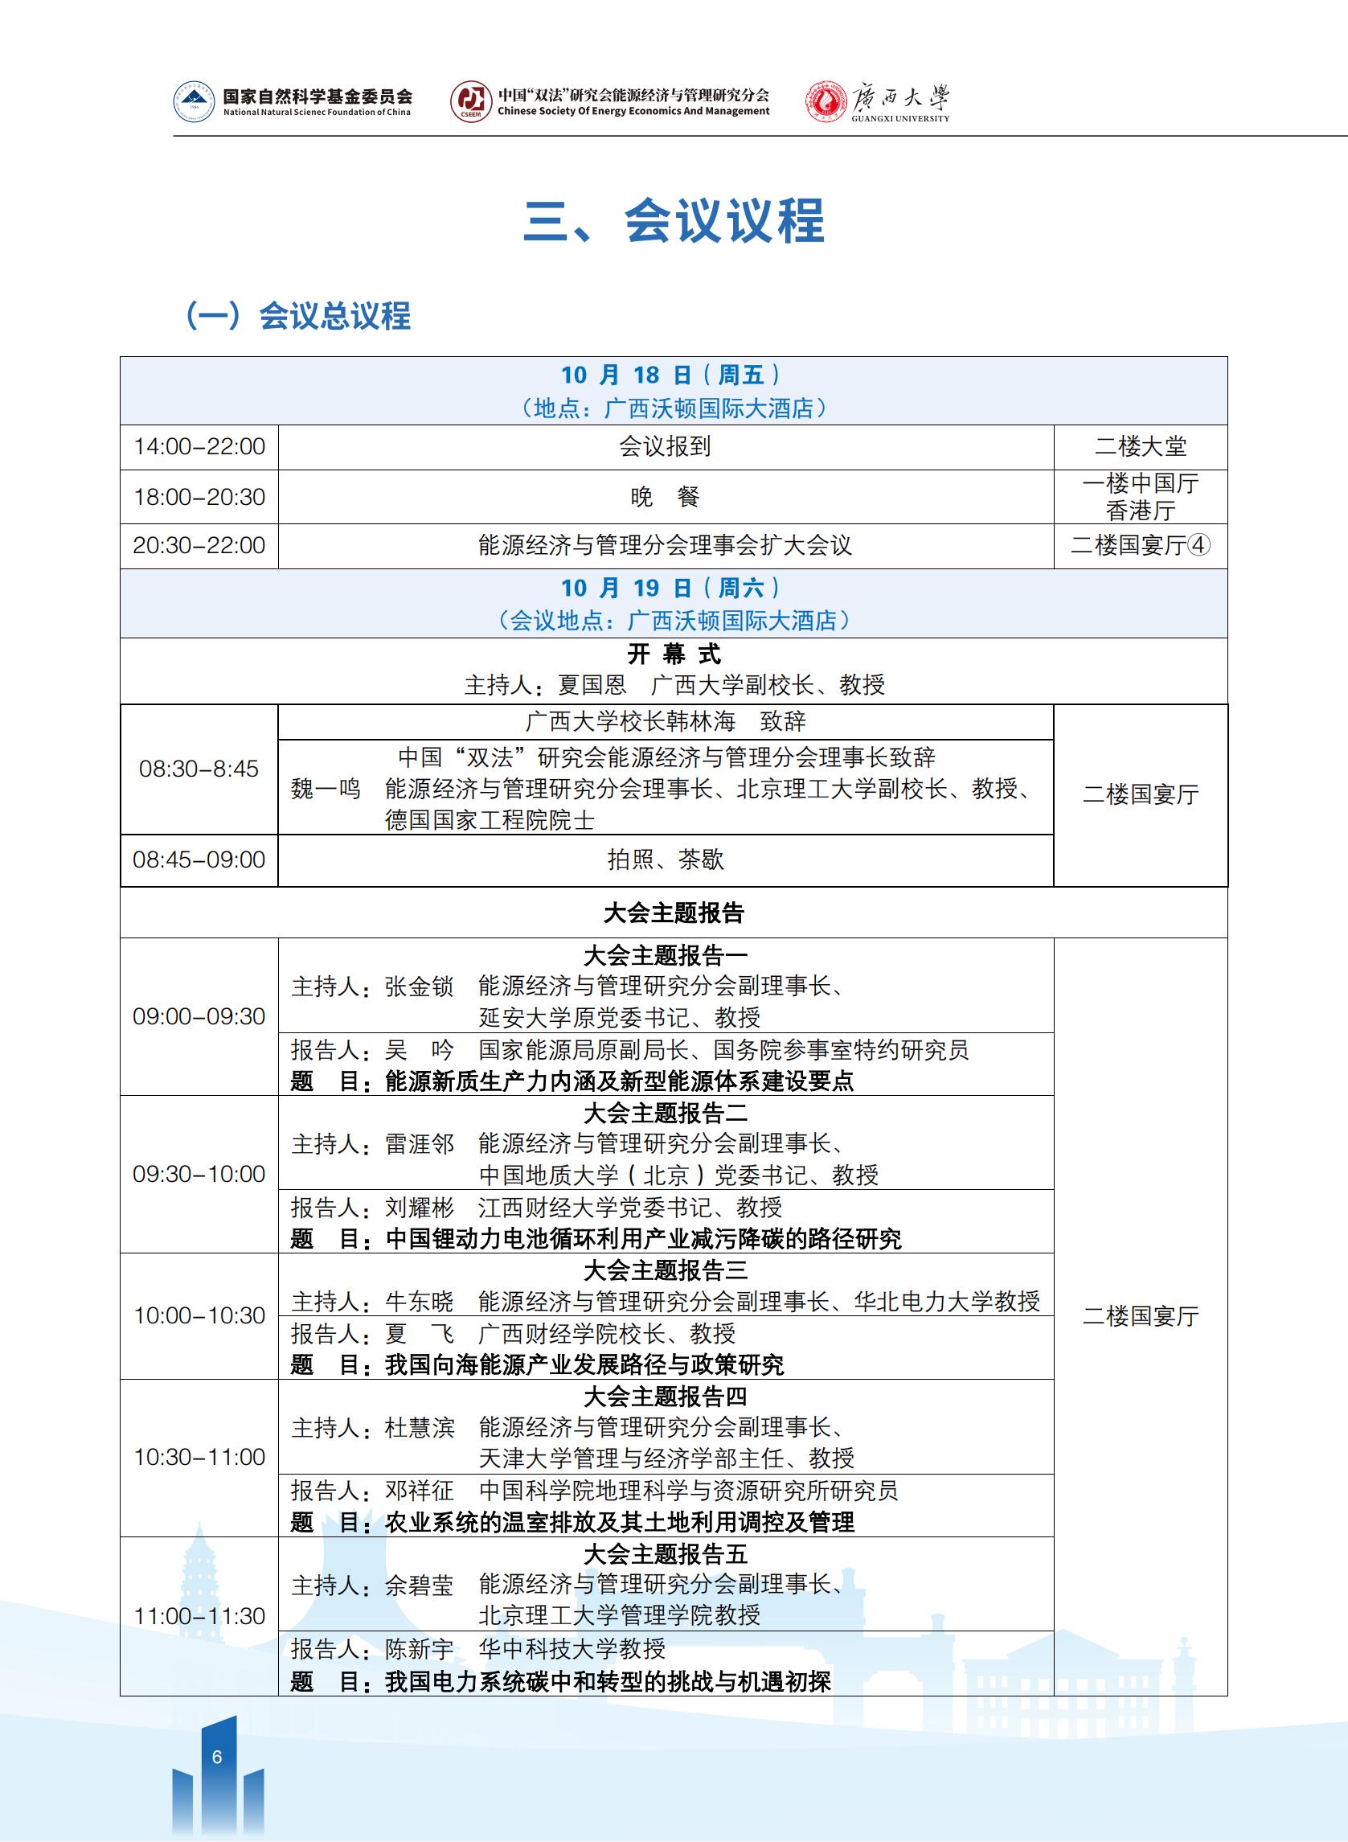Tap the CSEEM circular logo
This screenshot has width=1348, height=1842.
click(x=471, y=103)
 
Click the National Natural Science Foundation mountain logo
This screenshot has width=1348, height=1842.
click(x=195, y=103)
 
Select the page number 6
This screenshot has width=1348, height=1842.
click(x=216, y=1756)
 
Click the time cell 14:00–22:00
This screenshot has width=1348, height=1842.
click(x=199, y=446)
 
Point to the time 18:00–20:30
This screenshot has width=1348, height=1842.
click(x=199, y=496)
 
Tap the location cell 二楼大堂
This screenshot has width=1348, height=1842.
click(x=1140, y=446)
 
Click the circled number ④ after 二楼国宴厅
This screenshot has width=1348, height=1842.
click(x=1198, y=545)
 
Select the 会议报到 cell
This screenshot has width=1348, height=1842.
click(x=665, y=446)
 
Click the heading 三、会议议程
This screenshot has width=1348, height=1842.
click(x=673, y=220)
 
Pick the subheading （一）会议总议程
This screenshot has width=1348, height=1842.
click(x=298, y=316)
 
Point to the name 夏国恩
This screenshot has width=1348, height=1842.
click(x=592, y=685)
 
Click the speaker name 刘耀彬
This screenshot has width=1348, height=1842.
click(x=420, y=1207)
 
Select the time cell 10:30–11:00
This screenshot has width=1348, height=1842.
click(x=199, y=1457)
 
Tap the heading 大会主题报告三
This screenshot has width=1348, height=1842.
click(x=665, y=1270)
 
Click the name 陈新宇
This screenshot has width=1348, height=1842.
click(x=420, y=1648)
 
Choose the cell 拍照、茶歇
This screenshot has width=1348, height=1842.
click(x=665, y=859)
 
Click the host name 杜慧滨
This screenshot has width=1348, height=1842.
click(x=420, y=1427)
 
